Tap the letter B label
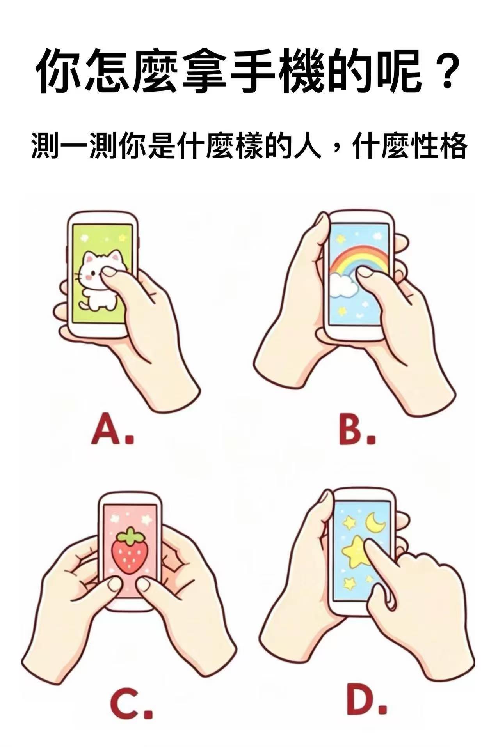pyautogui.click(x=357, y=431)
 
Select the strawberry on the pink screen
pyautogui.click(x=130, y=550)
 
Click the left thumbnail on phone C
pyautogui.click(x=114, y=584)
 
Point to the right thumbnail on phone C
pyautogui.click(x=144, y=584)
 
